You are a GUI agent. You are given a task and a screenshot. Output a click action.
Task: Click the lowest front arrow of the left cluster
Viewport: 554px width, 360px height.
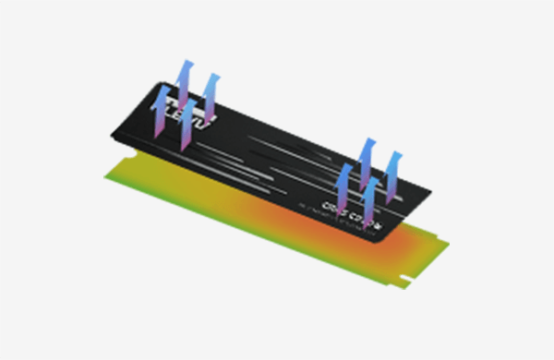click(x=188, y=125)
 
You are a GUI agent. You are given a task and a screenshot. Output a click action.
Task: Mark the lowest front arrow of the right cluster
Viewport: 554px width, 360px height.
click(x=370, y=200)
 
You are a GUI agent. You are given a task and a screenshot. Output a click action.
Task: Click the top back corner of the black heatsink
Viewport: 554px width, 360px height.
click(x=158, y=82)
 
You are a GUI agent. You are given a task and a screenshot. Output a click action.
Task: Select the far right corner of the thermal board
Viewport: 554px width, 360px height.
click(x=450, y=244)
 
